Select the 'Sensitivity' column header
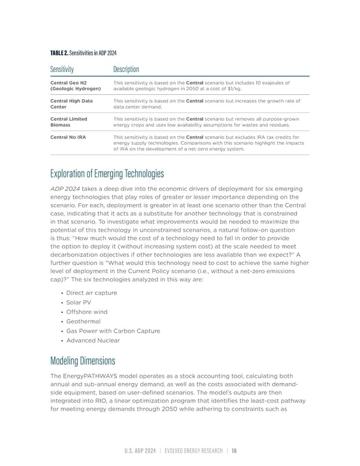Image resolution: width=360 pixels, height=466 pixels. click(x=62, y=70)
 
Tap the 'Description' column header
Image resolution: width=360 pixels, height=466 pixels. click(x=126, y=70)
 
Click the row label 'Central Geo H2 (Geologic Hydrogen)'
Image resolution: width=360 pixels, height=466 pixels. click(x=76, y=86)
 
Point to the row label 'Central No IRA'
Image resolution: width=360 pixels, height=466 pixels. click(x=69, y=137)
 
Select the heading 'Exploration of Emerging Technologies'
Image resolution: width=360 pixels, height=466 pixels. click(x=107, y=174)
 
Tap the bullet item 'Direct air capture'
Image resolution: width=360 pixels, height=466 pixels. click(x=92, y=292)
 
